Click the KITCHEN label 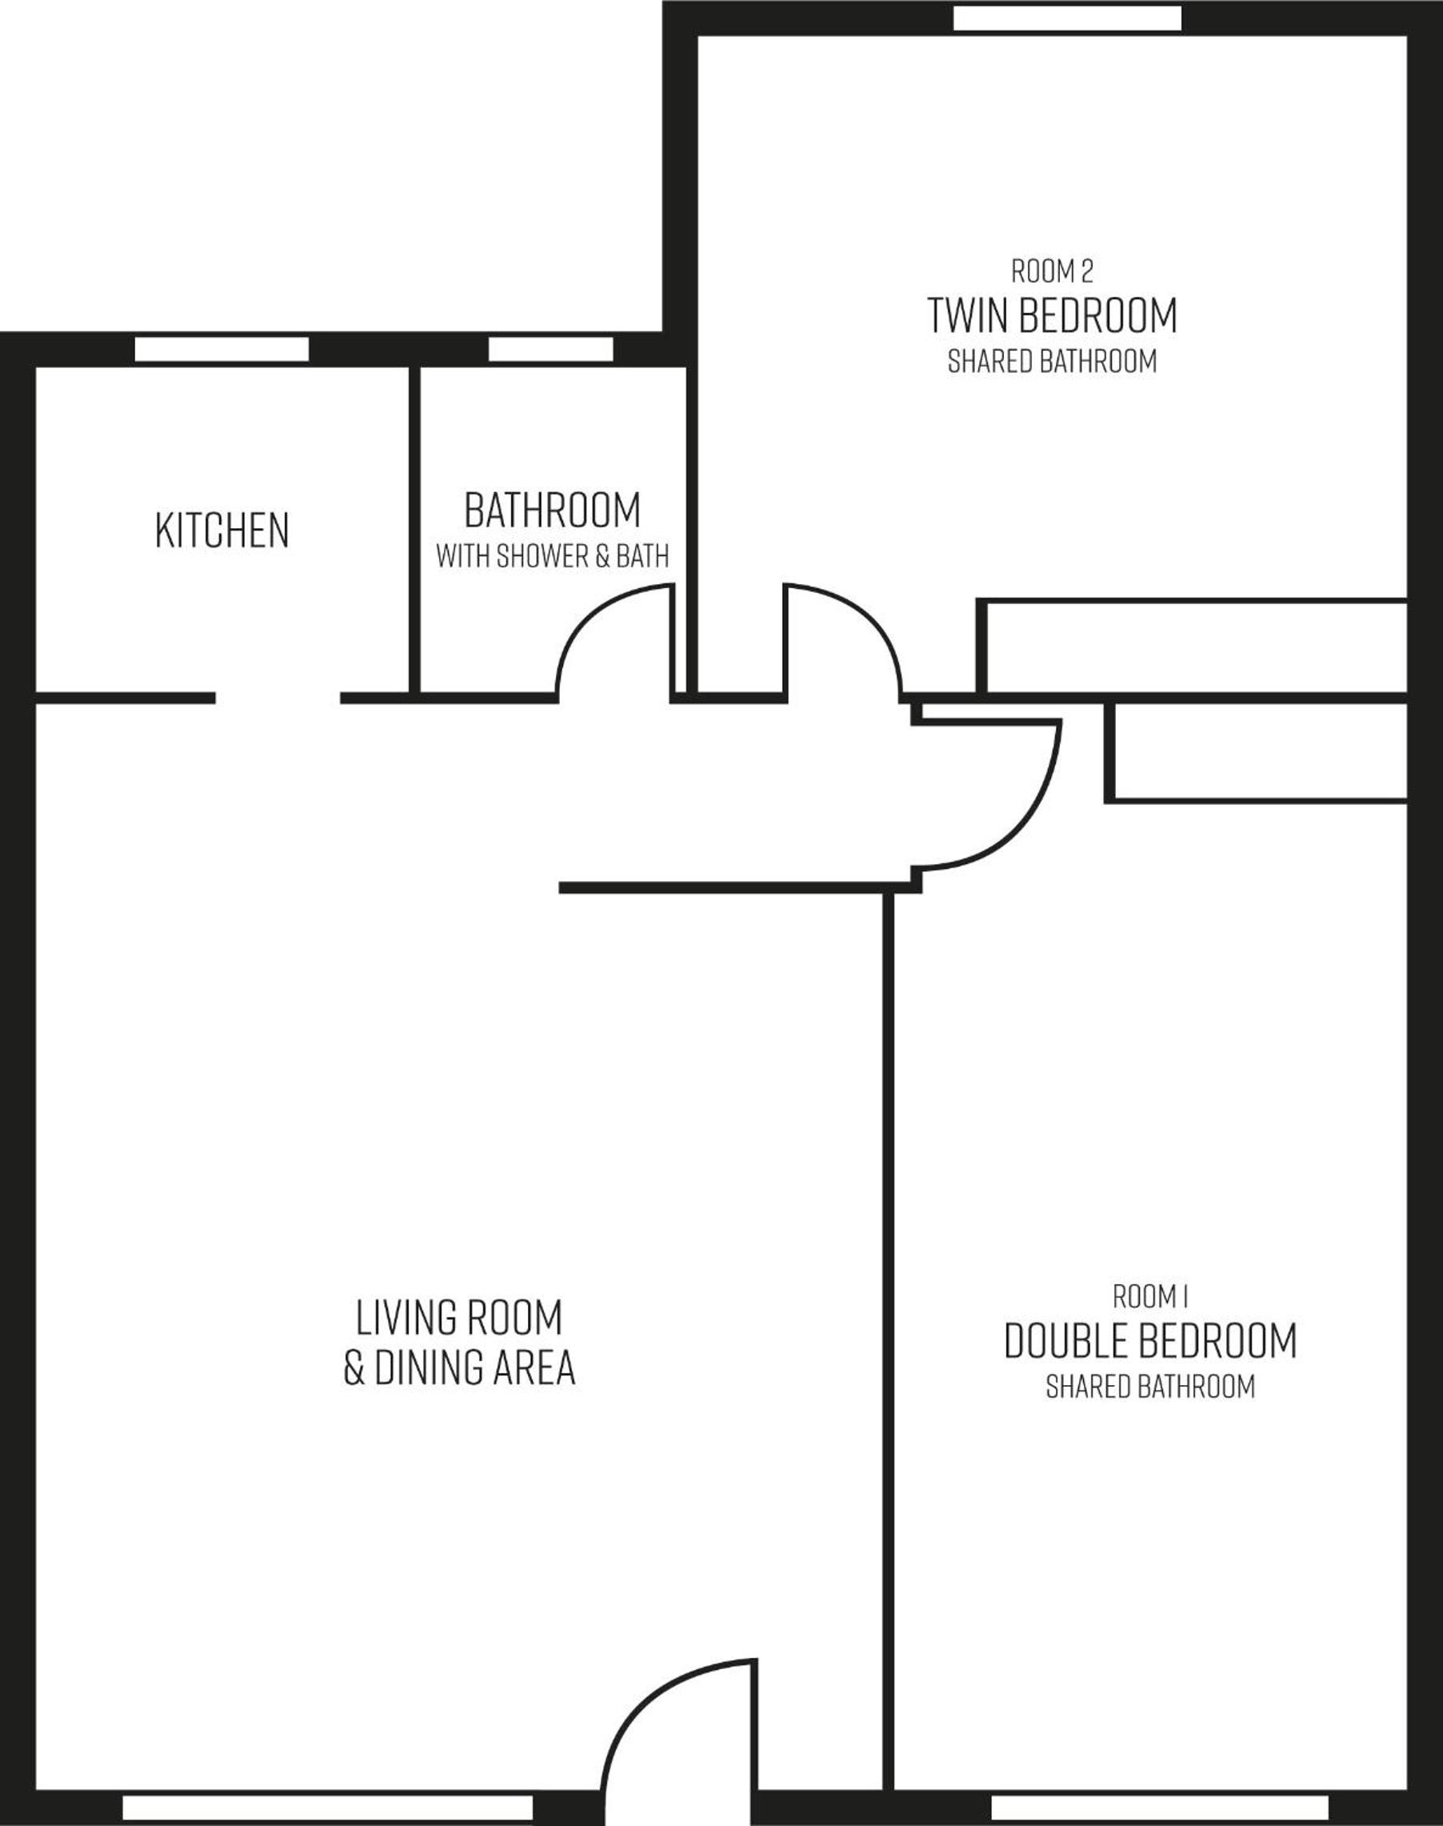pos(222,530)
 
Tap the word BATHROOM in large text pos(553,510)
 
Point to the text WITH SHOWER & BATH pos(553,556)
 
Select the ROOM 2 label pos(1052,271)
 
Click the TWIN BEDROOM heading pos(1052,315)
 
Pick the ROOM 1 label pos(1149,1296)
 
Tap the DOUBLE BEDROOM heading pos(1149,1340)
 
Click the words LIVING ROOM pos(459,1317)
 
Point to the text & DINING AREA pos(459,1367)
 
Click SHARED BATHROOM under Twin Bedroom pos(1052,362)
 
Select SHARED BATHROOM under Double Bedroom pos(1149,1387)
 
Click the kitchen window pos(222,350)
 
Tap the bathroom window pos(551,350)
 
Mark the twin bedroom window pos(1068,18)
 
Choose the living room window pos(328,1808)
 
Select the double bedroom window pos(1160,1808)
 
